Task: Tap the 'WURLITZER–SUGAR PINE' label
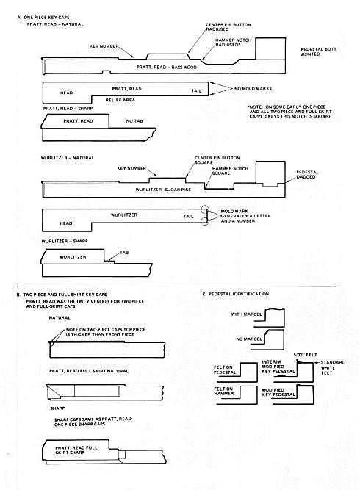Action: click(x=164, y=190)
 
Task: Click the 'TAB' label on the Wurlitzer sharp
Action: click(x=124, y=251)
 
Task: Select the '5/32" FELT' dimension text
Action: click(x=297, y=356)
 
